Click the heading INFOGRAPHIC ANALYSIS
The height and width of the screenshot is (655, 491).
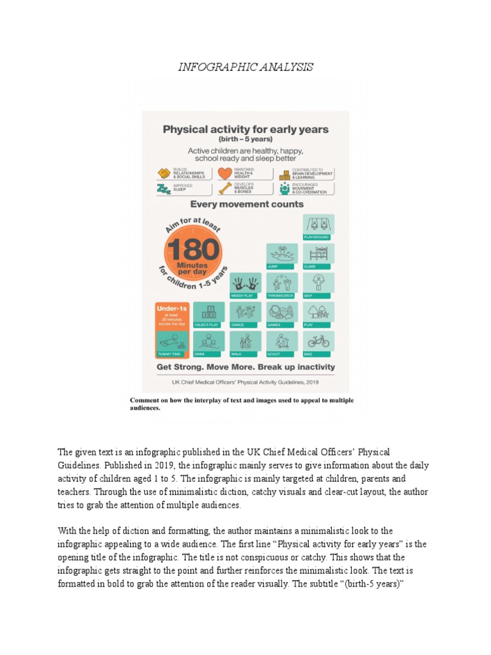[x=245, y=67]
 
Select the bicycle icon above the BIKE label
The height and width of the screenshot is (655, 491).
[x=318, y=340]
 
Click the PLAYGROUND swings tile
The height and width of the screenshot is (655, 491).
[x=318, y=226]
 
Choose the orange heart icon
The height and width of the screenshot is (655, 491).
[x=224, y=173]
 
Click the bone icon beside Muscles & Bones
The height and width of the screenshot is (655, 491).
[x=224, y=188]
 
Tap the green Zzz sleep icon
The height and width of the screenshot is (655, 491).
[x=164, y=189]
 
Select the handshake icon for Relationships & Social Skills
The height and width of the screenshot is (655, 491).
[x=164, y=173]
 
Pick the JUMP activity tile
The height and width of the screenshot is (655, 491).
[x=282, y=256]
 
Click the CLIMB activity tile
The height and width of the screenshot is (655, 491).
[x=318, y=256]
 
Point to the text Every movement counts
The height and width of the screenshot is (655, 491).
[x=245, y=205]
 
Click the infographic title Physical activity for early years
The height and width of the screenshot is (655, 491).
[x=245, y=129]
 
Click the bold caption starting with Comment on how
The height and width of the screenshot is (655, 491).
[x=242, y=404]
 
